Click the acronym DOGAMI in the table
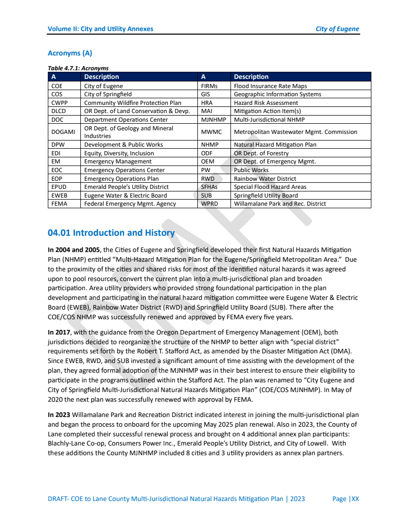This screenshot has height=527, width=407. [63, 132]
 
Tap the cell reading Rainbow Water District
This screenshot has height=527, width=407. [265, 179]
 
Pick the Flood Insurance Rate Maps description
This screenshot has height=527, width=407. [270, 86]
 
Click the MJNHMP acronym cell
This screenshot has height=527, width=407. [213, 120]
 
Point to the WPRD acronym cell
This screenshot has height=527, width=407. [210, 204]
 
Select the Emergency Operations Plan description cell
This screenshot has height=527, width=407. [121, 179]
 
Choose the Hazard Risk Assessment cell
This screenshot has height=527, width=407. [258, 103]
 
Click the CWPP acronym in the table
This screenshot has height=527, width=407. [60, 103]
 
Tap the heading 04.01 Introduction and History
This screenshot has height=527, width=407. [111, 233]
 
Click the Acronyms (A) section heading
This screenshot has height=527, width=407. [70, 53]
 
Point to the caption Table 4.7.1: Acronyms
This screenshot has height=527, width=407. [78, 68]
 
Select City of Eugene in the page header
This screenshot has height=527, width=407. [337, 29]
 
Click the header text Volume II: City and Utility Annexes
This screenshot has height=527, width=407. [100, 29]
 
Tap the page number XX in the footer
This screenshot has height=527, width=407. [355, 498]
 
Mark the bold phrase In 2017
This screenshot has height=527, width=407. [59, 332]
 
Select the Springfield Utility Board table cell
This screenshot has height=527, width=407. [266, 196]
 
